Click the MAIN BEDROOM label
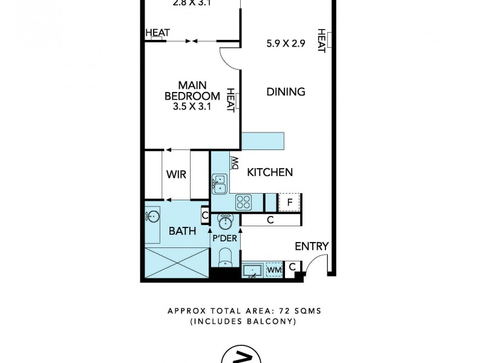[x=192, y=91]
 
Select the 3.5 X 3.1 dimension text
[x=192, y=107]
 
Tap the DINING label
[x=286, y=92]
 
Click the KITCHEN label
[x=270, y=172]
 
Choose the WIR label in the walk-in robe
[x=176, y=175]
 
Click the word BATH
[x=182, y=231]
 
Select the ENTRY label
[x=312, y=246]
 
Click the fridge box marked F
[x=290, y=202]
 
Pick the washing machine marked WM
[x=274, y=268]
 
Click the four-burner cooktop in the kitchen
[x=243, y=201]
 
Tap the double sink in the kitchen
[x=219, y=183]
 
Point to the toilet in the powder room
[x=225, y=258]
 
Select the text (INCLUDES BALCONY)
[x=243, y=322]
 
